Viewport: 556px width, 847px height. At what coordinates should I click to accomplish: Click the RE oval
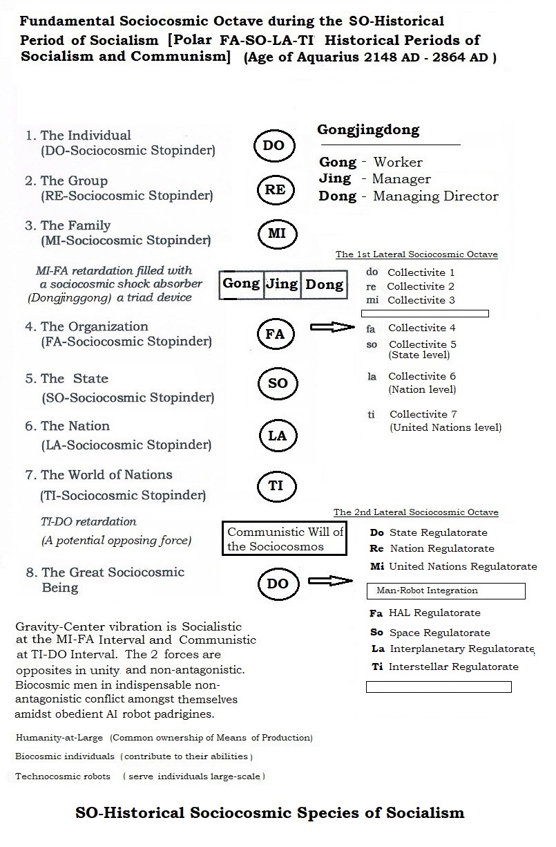tap(275, 189)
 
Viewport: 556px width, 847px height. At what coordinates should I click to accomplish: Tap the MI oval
tap(276, 234)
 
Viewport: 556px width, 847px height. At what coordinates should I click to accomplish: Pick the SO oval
tap(277, 384)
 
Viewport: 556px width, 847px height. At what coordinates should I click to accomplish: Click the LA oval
tap(276, 436)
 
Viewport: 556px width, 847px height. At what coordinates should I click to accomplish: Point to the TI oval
tap(276, 485)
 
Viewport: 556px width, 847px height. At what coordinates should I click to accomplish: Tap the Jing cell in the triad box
tap(282, 284)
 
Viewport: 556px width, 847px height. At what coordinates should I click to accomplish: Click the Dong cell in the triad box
tap(324, 284)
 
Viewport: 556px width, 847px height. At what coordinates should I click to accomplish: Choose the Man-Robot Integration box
tap(445, 590)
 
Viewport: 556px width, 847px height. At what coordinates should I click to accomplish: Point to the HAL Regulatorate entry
tap(434, 613)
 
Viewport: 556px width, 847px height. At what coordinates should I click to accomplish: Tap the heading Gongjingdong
tap(367, 130)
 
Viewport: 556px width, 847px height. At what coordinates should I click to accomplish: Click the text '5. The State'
tap(66, 379)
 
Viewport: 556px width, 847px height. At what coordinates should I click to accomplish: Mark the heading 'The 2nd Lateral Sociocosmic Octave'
tap(416, 512)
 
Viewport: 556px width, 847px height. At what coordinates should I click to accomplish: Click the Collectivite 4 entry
tap(421, 328)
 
